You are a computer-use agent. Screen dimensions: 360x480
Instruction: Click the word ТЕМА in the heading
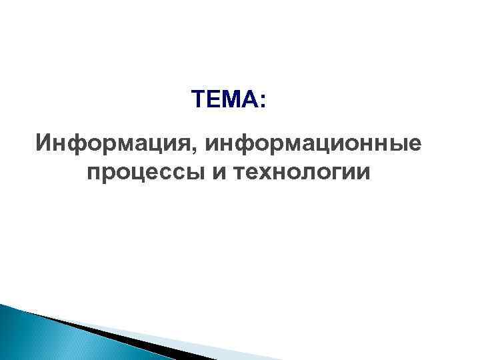pos(224,101)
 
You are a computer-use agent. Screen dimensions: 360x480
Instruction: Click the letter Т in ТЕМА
pos(197,101)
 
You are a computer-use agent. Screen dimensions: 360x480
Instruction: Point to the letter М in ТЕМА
pos(232,101)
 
